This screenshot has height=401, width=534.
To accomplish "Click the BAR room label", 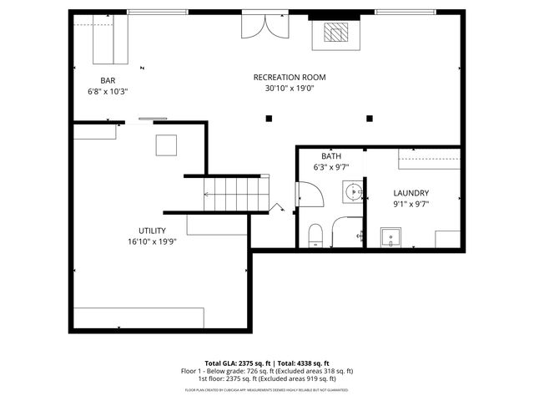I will [x=108, y=81].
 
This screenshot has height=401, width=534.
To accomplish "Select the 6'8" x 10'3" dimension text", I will [x=108, y=92].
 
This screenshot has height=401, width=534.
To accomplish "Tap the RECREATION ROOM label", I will [x=290, y=77].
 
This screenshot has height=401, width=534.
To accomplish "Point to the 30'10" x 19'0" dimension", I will [x=290, y=88].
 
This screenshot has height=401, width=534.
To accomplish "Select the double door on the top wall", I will [x=264, y=25].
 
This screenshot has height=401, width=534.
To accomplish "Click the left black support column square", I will [x=269, y=119].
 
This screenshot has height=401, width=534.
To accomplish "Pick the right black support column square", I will [x=371, y=119].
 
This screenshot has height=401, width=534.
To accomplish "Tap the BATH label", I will [x=331, y=156].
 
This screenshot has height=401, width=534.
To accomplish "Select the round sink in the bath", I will [x=353, y=191].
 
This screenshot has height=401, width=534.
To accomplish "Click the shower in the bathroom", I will [x=347, y=232].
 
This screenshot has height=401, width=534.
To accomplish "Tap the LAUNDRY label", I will [x=411, y=192].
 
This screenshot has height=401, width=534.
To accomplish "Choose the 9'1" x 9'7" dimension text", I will [x=411, y=203].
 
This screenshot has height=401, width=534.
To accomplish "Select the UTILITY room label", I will [x=152, y=231].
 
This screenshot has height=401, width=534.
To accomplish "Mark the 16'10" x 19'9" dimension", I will [x=152, y=241].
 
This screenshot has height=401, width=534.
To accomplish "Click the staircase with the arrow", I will [x=235, y=194].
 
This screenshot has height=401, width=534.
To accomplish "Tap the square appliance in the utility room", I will [x=166, y=145].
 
